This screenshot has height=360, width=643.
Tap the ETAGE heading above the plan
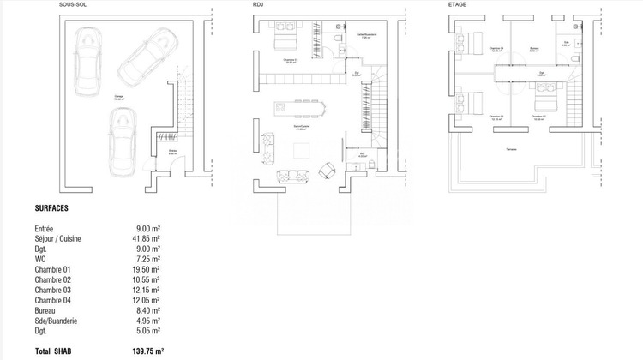point(459,5)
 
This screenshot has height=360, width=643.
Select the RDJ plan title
point(258,5)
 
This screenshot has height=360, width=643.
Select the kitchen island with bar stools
point(302,107)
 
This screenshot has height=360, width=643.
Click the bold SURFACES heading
point(52,208)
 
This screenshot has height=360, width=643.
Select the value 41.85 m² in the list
point(148,240)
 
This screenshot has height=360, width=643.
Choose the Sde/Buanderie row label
point(57,320)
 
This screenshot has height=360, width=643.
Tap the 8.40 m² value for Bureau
point(150,309)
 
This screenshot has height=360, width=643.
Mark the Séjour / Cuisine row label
point(58,240)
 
